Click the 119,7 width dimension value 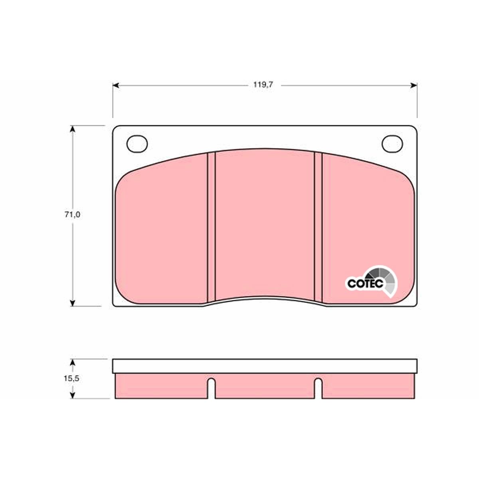click(263, 85)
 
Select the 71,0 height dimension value click(72, 215)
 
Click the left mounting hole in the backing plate click(137, 144)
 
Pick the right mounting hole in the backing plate click(392, 144)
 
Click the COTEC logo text click(365, 283)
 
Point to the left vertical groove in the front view click(211, 228)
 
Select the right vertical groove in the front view click(318, 228)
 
